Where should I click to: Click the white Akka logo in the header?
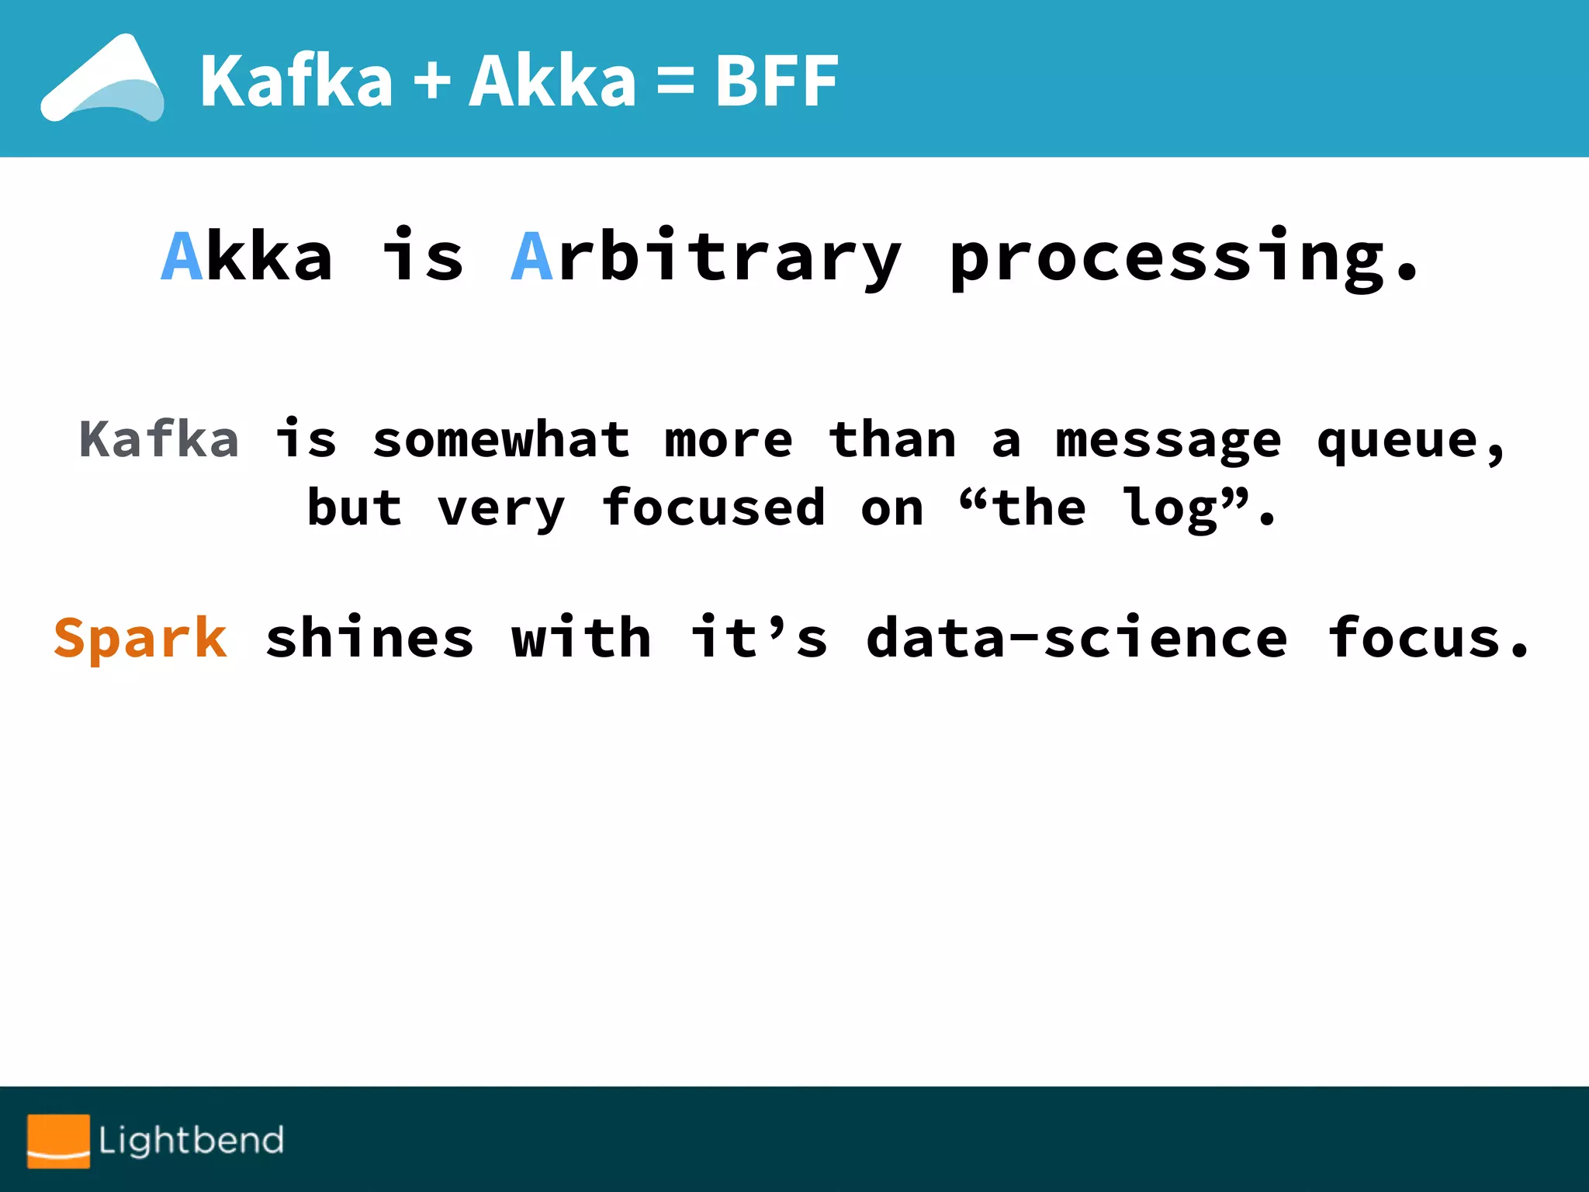coord(102,79)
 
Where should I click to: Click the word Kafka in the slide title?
coord(296,81)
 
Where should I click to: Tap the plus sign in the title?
coord(431,81)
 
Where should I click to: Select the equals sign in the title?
coord(675,81)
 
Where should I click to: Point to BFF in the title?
coord(776,81)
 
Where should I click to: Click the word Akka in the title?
coord(552,81)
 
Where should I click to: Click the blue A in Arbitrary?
coord(532,256)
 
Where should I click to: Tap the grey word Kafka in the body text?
coord(159,439)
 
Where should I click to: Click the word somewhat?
coord(501,439)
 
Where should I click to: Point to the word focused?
coord(713,508)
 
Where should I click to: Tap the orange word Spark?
coord(140,638)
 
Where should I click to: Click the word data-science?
coord(1077,638)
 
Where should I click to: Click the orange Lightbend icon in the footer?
coord(59,1141)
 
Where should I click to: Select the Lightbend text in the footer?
coord(191,1141)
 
